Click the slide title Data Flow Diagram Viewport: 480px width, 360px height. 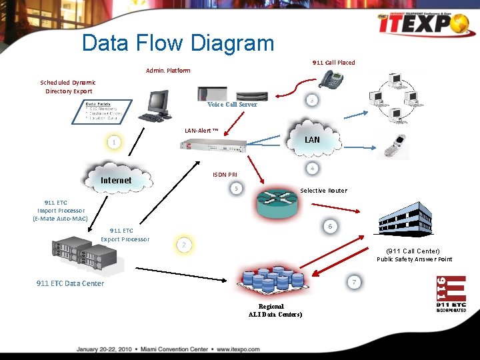[x=177, y=43]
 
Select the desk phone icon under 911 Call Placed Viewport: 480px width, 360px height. [x=330, y=80]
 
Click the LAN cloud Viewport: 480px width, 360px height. [x=311, y=138]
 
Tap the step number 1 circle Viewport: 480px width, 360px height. [x=115, y=143]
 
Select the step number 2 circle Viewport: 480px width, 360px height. [x=183, y=245]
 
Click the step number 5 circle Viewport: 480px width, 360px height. [x=235, y=189]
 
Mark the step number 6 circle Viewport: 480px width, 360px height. [x=329, y=226]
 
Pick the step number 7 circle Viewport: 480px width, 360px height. [x=354, y=282]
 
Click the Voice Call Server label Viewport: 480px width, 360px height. [x=232, y=105]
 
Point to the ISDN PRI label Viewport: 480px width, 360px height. [x=225, y=175]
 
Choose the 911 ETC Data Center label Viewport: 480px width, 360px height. [x=70, y=283]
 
